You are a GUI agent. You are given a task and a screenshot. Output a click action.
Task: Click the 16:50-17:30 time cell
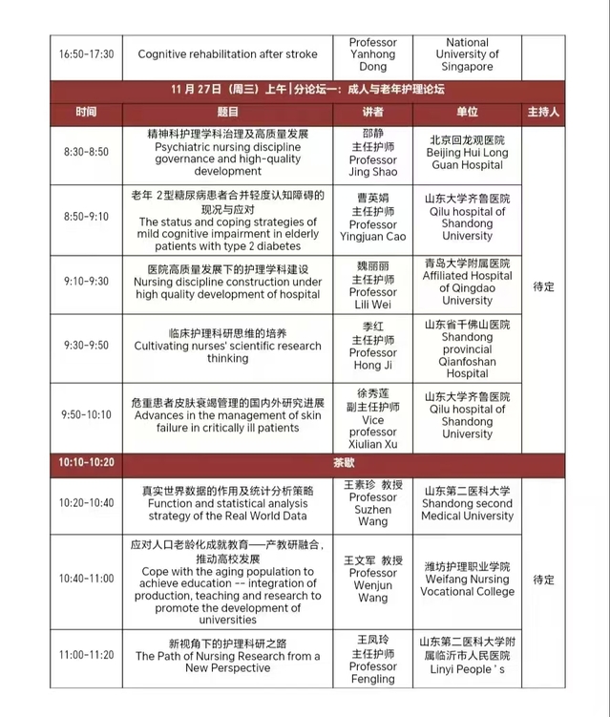pos(86,53)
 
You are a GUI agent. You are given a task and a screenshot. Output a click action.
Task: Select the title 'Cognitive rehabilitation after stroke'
pos(227,53)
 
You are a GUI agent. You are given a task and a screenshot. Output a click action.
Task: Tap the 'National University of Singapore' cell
pos(467,54)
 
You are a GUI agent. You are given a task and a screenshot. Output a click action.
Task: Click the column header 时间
pos(86,112)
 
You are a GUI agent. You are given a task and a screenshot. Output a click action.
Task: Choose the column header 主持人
pos(543,112)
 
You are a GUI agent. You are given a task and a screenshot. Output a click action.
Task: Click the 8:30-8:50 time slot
pos(86,152)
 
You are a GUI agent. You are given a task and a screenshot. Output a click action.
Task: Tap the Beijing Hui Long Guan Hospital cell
pos(467,152)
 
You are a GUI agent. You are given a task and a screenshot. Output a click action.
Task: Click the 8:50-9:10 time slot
pos(86,217)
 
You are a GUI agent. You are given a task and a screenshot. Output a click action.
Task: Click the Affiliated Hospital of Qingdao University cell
pos(467,282)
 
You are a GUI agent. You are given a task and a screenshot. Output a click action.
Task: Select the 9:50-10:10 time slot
pos(86,415)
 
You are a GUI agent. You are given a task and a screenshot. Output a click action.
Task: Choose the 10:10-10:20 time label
pos(86,462)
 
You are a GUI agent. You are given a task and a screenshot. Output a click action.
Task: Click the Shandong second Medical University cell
pos(467,503)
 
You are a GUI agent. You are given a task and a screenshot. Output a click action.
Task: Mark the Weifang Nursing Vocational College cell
pos(467,579)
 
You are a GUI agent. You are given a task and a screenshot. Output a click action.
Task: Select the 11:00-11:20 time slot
pos(86,655)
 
